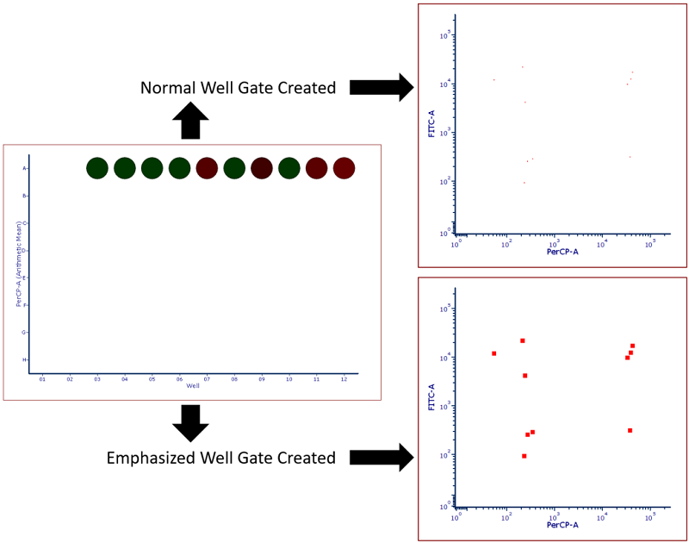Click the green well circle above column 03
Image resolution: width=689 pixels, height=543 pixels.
(97, 168)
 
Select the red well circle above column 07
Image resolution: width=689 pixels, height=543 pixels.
(207, 168)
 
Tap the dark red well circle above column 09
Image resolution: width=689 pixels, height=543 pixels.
(262, 168)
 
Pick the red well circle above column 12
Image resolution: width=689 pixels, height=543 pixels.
(344, 168)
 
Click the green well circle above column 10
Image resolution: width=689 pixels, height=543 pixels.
(289, 168)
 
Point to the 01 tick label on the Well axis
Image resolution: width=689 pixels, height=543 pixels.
(42, 379)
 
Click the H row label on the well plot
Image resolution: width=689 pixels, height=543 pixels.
(24, 359)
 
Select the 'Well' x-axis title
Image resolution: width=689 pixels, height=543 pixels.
(193, 386)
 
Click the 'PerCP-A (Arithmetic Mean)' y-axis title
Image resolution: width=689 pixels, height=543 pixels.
(18, 264)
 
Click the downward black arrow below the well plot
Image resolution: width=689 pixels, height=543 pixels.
(190, 423)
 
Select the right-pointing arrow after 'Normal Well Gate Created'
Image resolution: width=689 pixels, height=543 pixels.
(382, 87)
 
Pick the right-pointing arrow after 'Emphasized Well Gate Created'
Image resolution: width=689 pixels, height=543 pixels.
(382, 457)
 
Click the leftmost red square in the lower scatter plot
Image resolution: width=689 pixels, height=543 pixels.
(493, 353)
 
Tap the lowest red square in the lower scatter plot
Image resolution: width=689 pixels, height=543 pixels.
(524, 456)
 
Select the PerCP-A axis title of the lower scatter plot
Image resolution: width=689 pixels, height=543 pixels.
(562, 525)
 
